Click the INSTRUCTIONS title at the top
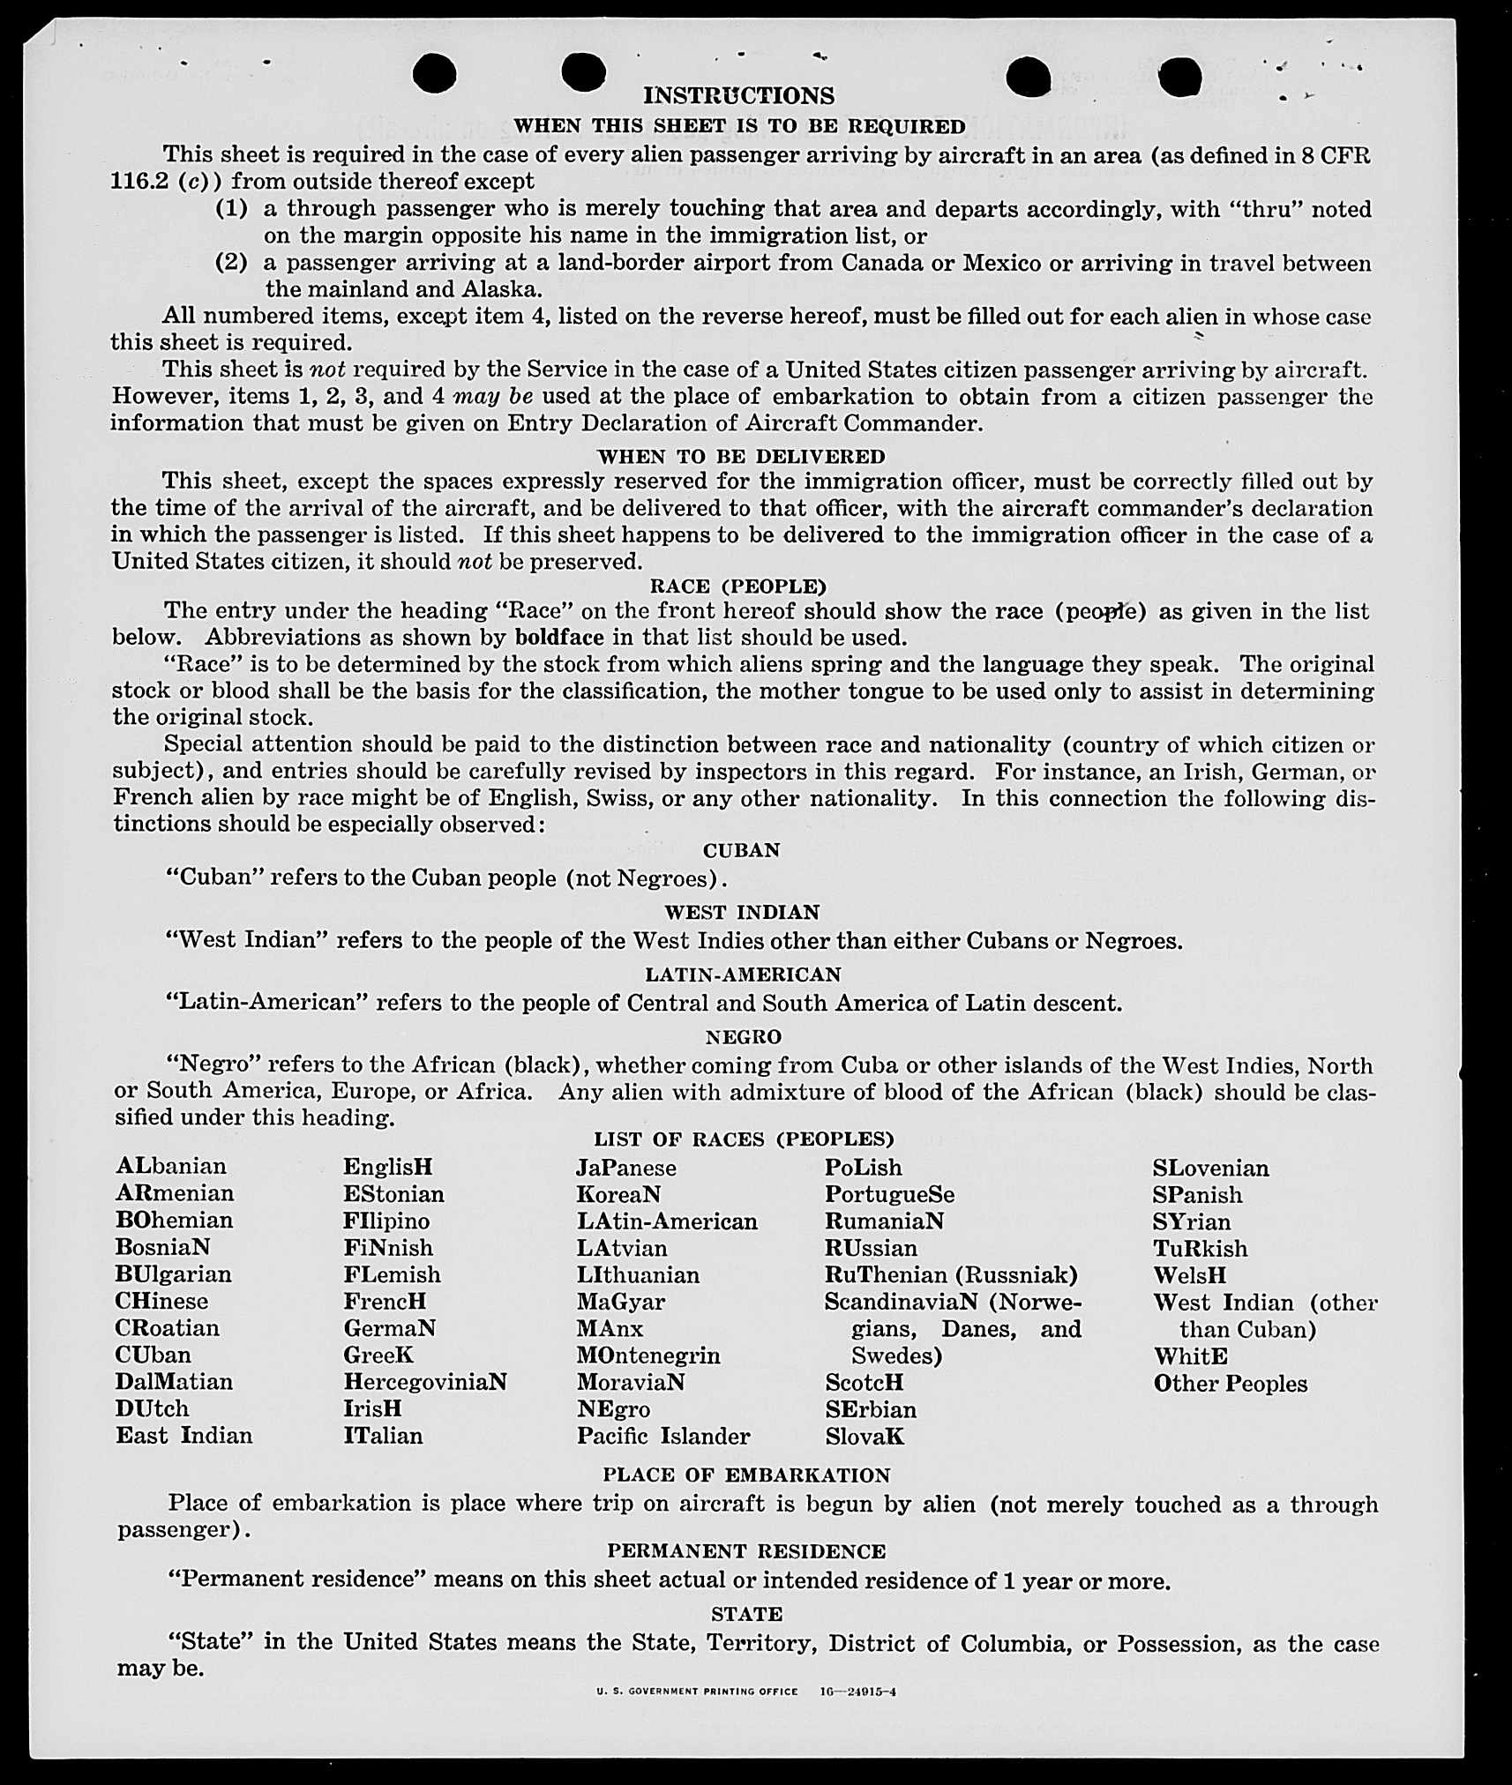point(738,95)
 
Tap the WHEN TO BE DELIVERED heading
point(741,456)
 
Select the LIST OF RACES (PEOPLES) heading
point(744,1139)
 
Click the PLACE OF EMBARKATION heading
point(746,1475)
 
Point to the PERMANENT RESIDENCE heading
point(746,1551)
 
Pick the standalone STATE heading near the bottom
point(746,1614)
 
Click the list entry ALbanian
point(171,1166)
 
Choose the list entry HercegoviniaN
point(425,1381)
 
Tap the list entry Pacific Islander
point(663,1436)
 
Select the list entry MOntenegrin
point(648,1355)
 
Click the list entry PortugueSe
point(889,1194)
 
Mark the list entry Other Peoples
point(1231,1383)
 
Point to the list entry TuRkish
point(1200,1249)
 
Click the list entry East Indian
point(183,1436)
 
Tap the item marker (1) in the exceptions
point(231,209)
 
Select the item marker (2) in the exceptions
point(231,263)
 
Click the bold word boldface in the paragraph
point(559,637)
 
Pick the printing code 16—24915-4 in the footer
point(857,1692)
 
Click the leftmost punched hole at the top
point(434,72)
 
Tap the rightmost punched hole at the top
point(1179,76)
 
